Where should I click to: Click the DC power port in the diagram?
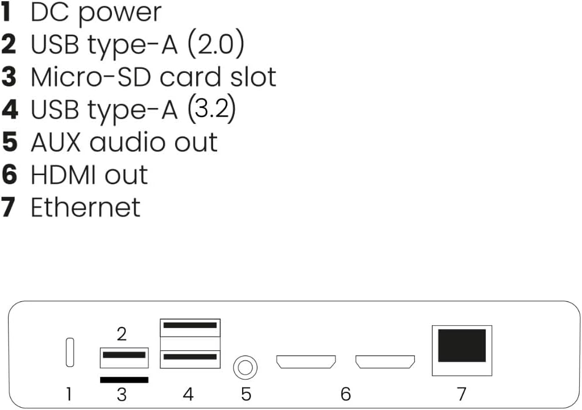click(69, 353)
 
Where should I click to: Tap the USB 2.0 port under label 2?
click(124, 358)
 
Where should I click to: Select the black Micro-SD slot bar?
click(124, 379)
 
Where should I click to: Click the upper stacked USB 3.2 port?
click(190, 328)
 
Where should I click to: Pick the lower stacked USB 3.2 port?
click(190, 359)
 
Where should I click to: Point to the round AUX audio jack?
click(245, 368)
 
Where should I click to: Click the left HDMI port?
click(306, 362)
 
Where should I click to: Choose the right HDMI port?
click(385, 362)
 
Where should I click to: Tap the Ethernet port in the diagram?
click(462, 350)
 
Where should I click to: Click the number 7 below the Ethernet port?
click(462, 394)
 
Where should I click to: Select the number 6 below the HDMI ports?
click(346, 394)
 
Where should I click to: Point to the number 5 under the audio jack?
click(246, 394)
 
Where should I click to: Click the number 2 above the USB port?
click(122, 334)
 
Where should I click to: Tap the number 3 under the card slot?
click(122, 394)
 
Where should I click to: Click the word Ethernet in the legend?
click(86, 207)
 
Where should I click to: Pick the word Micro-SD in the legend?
click(91, 77)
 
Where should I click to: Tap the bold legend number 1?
click(6, 12)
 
